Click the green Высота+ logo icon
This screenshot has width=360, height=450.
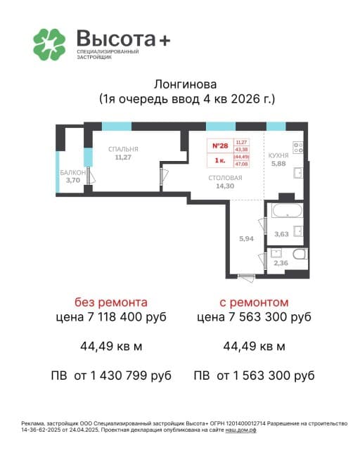pos(49,44)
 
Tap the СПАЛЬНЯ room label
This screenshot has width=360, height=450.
pos(122,149)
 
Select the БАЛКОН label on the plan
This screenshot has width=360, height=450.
pos(72,172)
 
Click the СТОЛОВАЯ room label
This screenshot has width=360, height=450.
pos(225,178)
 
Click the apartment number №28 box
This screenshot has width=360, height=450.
pos(220,146)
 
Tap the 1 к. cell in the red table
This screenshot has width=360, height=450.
pos(220,160)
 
